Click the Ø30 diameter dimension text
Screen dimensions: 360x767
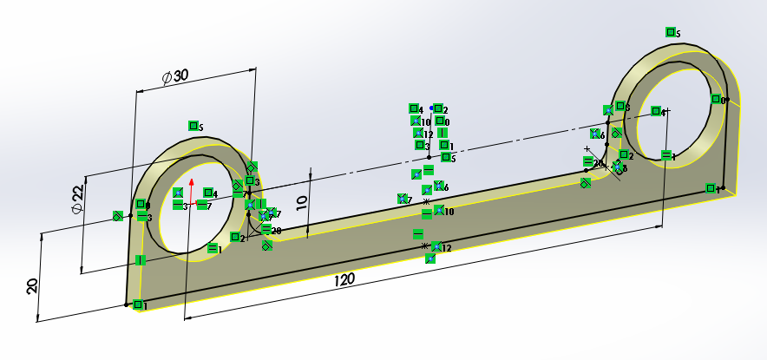click(x=175, y=76)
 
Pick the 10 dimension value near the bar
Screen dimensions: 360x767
click(x=301, y=202)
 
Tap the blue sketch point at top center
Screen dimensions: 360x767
click(x=431, y=107)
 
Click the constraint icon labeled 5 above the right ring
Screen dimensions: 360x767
click(x=671, y=32)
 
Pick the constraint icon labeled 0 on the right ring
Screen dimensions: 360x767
click(x=717, y=99)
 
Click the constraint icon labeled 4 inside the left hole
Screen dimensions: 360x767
click(x=208, y=193)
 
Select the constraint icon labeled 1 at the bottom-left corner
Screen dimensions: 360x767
click(x=138, y=304)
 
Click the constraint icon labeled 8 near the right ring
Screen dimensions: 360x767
click(x=618, y=167)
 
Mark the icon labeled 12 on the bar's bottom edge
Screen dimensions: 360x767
click(x=437, y=247)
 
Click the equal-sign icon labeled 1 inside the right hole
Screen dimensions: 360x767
click(x=666, y=155)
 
